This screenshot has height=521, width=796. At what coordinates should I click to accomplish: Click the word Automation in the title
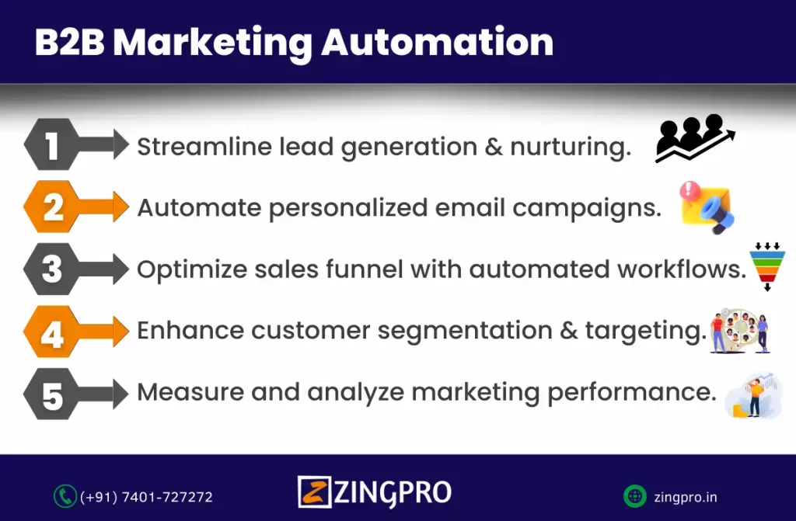coord(437,42)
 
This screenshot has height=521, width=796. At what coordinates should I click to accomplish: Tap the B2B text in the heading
coord(69,42)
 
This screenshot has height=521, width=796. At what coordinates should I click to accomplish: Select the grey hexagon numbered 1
coord(51,144)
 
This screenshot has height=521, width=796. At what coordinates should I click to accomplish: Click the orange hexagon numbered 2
coord(51,207)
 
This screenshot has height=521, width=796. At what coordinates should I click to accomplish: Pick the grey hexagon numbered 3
coord(51,269)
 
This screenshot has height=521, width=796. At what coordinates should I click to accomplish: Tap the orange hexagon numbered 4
coord(51,332)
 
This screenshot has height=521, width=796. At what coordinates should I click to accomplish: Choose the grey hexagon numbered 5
coord(51,394)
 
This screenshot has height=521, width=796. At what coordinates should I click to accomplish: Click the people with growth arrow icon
coord(695,138)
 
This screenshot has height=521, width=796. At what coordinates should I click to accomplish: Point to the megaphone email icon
coord(707,207)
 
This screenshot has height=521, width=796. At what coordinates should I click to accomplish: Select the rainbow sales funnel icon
coord(767,267)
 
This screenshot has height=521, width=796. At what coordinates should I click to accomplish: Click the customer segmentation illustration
coord(740,331)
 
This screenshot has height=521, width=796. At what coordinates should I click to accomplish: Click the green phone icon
coord(65,496)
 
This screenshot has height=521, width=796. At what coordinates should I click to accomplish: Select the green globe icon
coord(634,496)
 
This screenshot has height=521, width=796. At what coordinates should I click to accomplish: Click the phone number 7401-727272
coord(168,497)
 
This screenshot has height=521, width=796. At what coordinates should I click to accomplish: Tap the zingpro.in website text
coord(686,498)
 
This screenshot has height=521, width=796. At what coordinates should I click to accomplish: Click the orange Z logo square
coord(314,491)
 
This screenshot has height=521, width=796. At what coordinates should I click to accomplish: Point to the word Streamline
coord(204,147)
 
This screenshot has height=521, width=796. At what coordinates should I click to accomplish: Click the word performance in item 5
coord(631,392)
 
